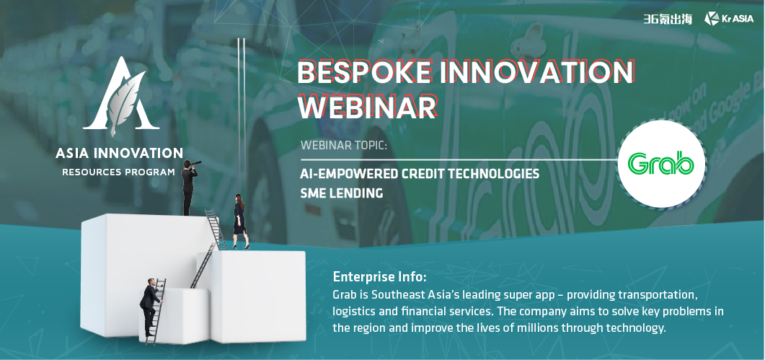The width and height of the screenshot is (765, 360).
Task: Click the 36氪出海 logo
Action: tap(668, 19)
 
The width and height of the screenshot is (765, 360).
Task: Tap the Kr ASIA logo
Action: tap(729, 19)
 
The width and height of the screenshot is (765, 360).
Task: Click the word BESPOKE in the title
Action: tap(364, 72)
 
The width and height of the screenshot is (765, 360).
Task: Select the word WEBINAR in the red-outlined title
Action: tap(367, 107)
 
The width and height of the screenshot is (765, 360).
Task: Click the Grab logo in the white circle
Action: tap(661, 164)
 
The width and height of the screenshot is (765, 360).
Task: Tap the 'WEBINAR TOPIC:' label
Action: tap(343, 145)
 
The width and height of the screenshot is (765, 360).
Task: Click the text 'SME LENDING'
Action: tap(342, 193)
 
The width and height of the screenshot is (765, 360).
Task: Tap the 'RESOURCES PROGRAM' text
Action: tap(118, 172)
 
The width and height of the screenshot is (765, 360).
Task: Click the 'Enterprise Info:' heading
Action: tap(379, 277)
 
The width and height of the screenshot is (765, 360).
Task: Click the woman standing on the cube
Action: tap(239, 221)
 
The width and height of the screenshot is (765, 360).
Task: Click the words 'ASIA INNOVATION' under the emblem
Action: tap(119, 153)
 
